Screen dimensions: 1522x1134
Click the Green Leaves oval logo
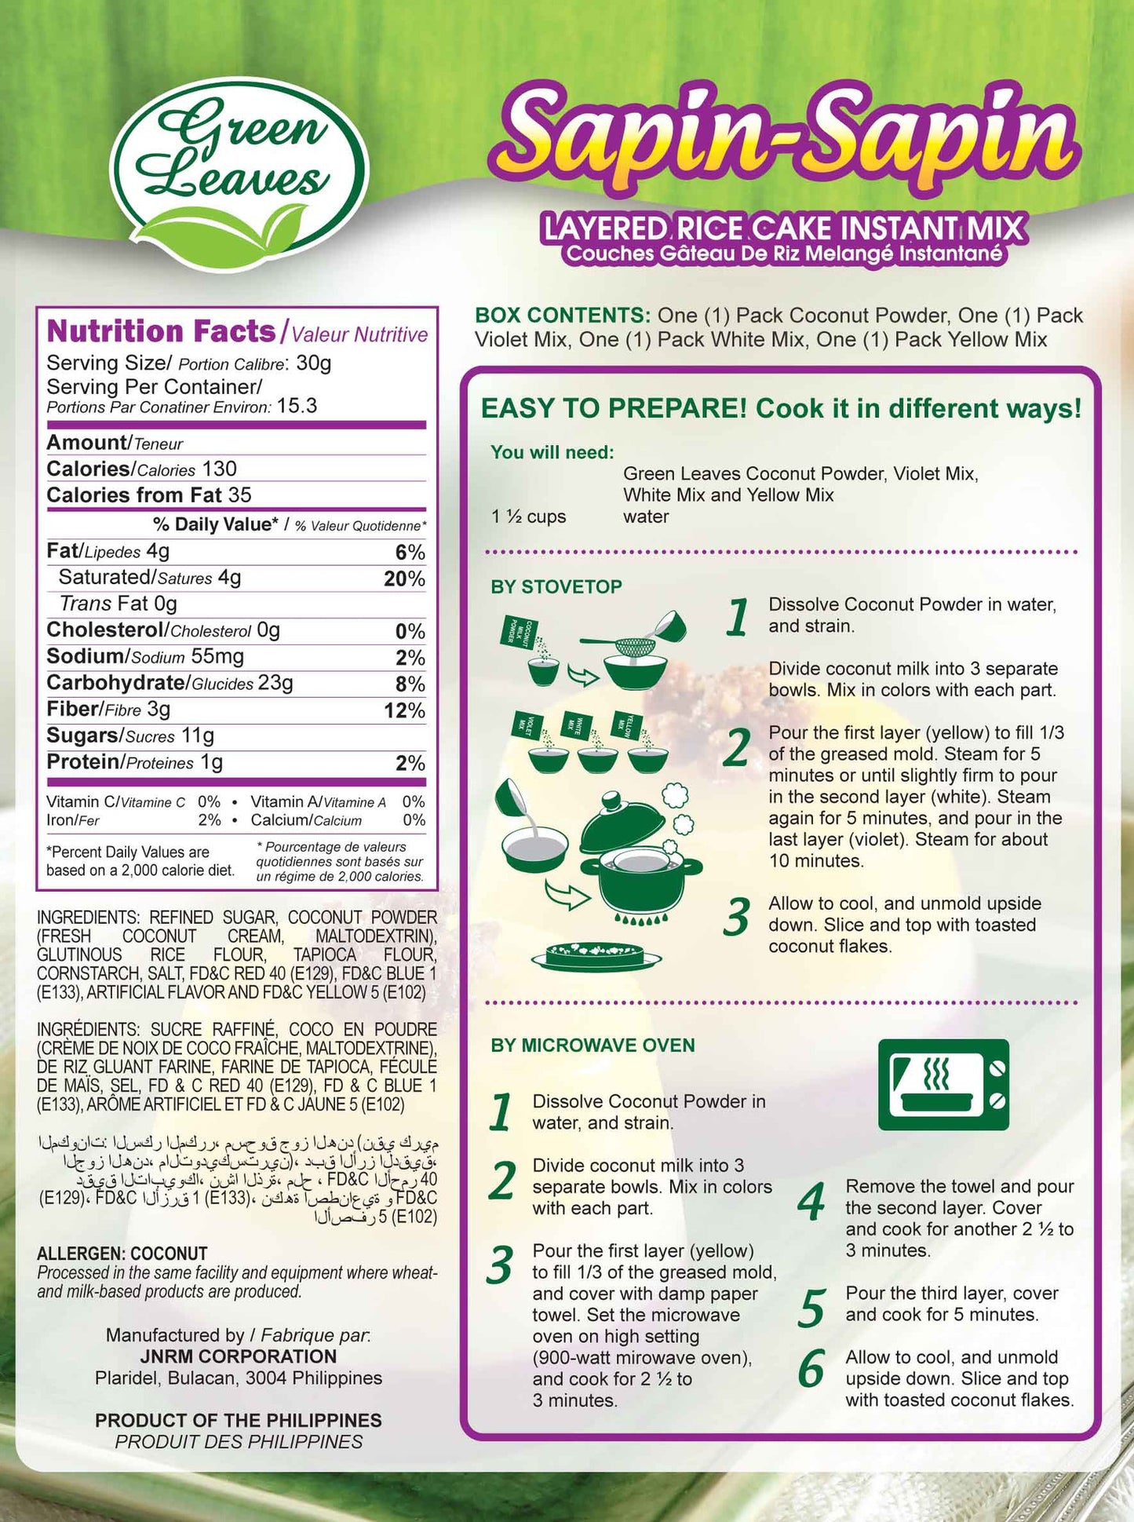click(239, 163)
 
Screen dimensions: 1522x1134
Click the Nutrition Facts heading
click(161, 331)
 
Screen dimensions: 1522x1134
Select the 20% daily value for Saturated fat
click(404, 579)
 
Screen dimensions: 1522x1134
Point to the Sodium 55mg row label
click(145, 656)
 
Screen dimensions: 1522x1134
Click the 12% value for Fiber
click(404, 710)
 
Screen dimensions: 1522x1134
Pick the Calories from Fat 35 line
click(149, 495)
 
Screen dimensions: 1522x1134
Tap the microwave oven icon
click(943, 1084)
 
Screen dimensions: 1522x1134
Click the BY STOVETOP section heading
click(556, 586)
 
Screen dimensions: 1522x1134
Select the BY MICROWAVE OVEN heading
click(593, 1045)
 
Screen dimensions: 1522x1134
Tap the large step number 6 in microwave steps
click(811, 1370)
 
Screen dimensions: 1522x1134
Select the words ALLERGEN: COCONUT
click(122, 1254)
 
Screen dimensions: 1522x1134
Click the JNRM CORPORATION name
click(238, 1356)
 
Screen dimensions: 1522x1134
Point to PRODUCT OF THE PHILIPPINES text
click(239, 1420)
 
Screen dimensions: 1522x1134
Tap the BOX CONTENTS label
click(562, 316)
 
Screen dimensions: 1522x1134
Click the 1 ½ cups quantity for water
click(528, 516)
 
